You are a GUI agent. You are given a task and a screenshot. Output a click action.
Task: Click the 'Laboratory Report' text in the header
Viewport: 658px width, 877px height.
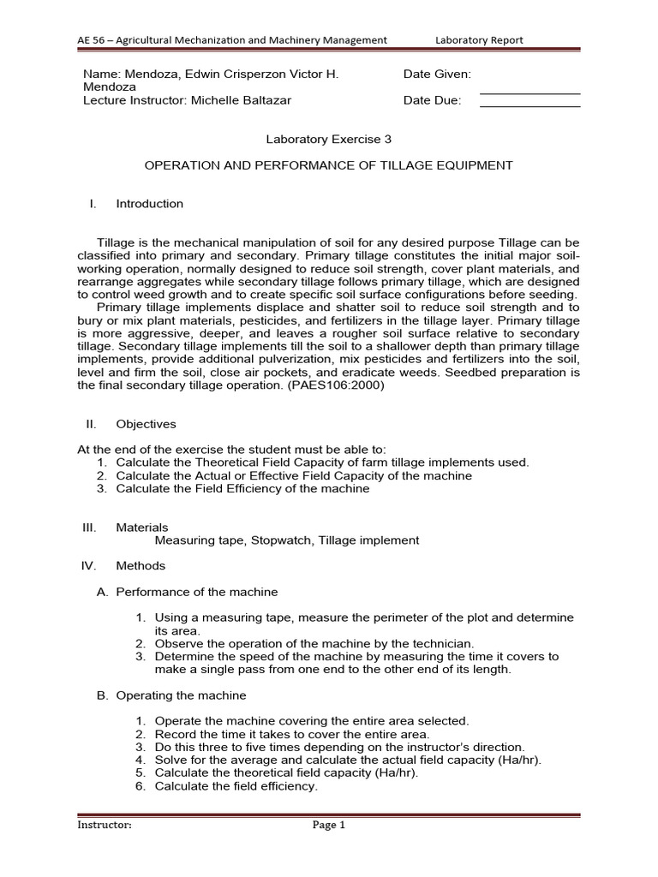point(479,39)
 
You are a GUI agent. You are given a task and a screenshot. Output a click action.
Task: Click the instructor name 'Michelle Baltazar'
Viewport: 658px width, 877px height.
point(241,100)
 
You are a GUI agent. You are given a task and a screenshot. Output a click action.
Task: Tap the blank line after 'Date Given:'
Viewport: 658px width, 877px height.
point(529,90)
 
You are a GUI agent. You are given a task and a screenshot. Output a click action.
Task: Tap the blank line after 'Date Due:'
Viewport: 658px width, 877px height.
point(529,104)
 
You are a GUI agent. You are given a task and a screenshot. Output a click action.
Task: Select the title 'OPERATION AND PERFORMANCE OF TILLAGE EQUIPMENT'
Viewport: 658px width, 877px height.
point(328,165)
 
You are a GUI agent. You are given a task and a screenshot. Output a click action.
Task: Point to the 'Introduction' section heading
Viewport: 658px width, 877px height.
point(149,204)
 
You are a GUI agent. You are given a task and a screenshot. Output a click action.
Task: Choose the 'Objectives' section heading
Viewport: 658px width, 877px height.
point(146,424)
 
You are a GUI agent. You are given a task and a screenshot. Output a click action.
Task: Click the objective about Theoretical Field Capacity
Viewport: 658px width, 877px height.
point(322,462)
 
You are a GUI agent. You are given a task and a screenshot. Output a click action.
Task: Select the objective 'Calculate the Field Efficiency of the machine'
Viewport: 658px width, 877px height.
point(242,488)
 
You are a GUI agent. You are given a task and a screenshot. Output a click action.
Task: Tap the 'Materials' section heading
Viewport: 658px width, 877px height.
point(142,528)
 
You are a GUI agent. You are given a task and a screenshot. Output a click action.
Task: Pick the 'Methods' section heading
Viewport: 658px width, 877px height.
point(141,565)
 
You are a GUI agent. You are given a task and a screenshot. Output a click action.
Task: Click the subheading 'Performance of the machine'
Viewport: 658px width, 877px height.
point(196,592)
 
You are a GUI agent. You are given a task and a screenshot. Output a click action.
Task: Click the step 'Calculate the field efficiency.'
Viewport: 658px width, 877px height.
point(236,786)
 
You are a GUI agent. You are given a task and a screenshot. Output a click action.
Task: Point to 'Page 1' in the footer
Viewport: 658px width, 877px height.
point(328,826)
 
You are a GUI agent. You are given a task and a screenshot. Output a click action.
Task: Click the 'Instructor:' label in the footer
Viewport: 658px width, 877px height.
point(105,826)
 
